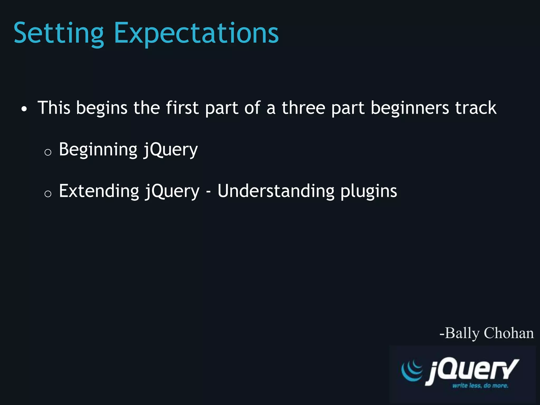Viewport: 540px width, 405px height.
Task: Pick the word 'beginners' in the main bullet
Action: (x=410, y=108)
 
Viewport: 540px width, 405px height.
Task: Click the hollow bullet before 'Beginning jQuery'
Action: (x=48, y=152)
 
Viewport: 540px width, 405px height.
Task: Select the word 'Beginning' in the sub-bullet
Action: (x=98, y=150)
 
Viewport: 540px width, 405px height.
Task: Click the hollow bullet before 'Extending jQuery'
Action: (x=48, y=194)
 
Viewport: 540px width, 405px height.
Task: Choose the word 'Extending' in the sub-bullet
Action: (x=99, y=191)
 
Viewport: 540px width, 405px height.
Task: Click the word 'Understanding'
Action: (x=276, y=191)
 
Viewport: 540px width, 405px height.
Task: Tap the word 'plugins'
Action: (x=369, y=191)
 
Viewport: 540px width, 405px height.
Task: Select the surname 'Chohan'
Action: (x=509, y=333)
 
